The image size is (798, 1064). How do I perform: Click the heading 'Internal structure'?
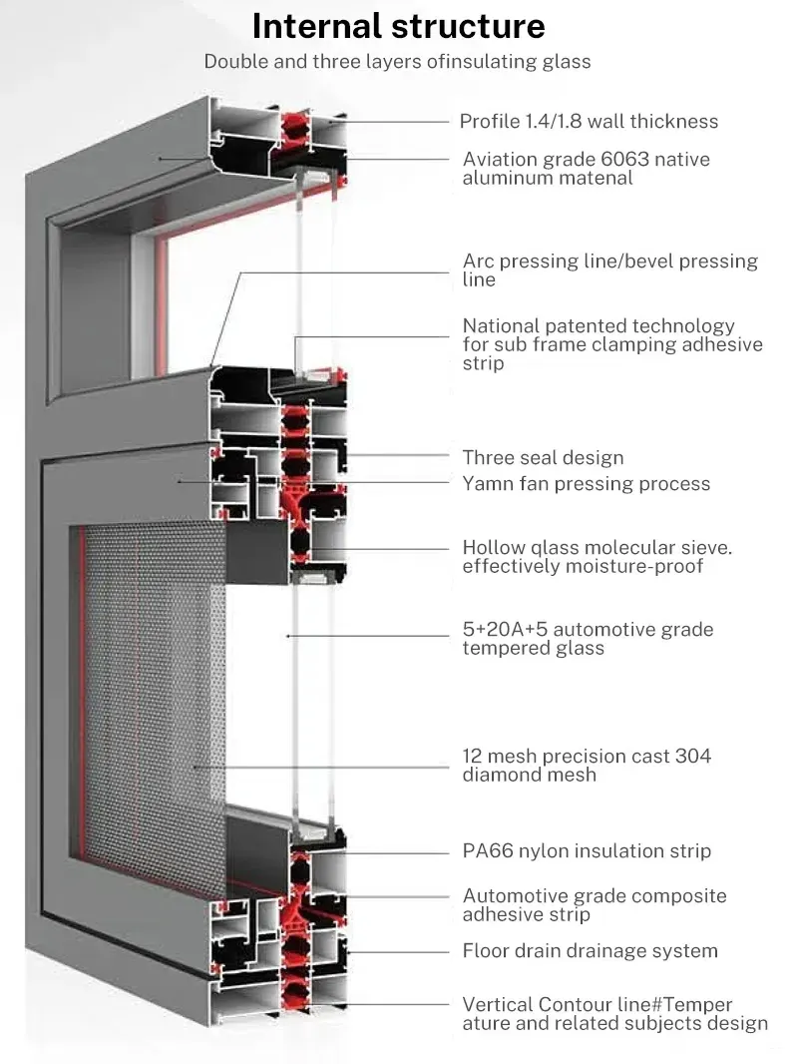click(x=398, y=26)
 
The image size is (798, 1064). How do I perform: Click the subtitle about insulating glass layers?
click(x=397, y=62)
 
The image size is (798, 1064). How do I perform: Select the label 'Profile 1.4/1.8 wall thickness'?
click(x=589, y=122)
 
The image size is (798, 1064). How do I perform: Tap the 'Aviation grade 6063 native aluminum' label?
click(x=587, y=169)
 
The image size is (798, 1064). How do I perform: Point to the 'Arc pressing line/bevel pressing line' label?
click(x=609, y=270)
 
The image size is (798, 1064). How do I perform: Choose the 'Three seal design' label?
click(x=543, y=458)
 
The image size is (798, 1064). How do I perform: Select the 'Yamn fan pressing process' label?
click(x=586, y=484)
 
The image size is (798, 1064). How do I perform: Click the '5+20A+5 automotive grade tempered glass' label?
click(x=588, y=639)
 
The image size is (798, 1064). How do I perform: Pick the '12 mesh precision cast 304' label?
click(x=587, y=765)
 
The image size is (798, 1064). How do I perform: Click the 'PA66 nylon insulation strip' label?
click(x=587, y=851)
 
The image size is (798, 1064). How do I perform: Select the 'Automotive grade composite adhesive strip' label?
click(x=594, y=905)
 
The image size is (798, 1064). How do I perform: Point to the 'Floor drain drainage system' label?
click(x=590, y=951)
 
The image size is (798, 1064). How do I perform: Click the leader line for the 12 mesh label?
click(x=319, y=767)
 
